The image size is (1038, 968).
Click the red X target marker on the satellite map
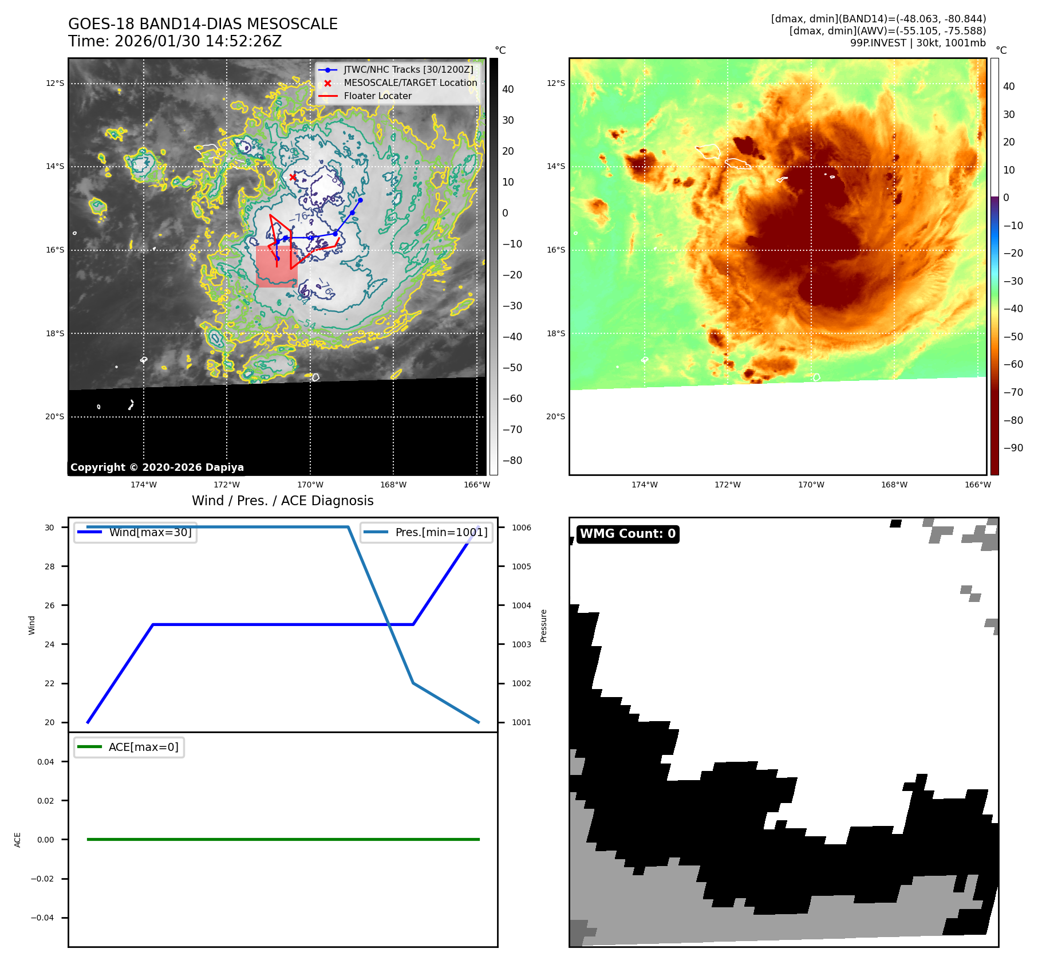pyautogui.click(x=293, y=177)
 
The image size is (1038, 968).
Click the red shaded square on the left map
pyautogui.click(x=277, y=267)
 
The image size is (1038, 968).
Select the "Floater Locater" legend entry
pyautogui.click(x=377, y=96)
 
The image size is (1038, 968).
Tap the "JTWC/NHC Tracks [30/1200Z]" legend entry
pyautogui.click(x=408, y=70)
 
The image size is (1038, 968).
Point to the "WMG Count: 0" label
pyautogui.click(x=627, y=534)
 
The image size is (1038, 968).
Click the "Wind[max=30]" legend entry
pyautogui.click(x=150, y=532)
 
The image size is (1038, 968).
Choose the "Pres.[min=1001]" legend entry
pyautogui.click(x=441, y=532)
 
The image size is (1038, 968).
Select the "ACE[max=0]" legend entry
pyautogui.click(x=143, y=747)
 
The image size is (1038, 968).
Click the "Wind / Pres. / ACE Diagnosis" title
pyautogui.click(x=282, y=501)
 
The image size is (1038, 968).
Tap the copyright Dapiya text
pyautogui.click(x=157, y=467)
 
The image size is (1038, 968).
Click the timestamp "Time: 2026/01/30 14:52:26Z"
pyautogui.click(x=175, y=41)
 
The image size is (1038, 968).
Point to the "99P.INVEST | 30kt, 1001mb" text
pyautogui.click(x=918, y=43)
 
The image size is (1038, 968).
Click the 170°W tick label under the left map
pyautogui.click(x=310, y=485)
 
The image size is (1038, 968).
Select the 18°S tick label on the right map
pyautogui.click(x=555, y=333)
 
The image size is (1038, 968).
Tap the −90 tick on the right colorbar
pyautogui.click(x=1013, y=448)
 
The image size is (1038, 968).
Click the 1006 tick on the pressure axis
pyautogui.click(x=521, y=528)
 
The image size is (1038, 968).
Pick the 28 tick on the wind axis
pyautogui.click(x=50, y=566)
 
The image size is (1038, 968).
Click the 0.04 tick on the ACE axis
pyautogui.click(x=46, y=762)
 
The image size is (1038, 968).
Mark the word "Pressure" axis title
pyautogui.click(x=543, y=625)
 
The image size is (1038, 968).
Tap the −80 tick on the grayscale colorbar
pyautogui.click(x=512, y=461)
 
